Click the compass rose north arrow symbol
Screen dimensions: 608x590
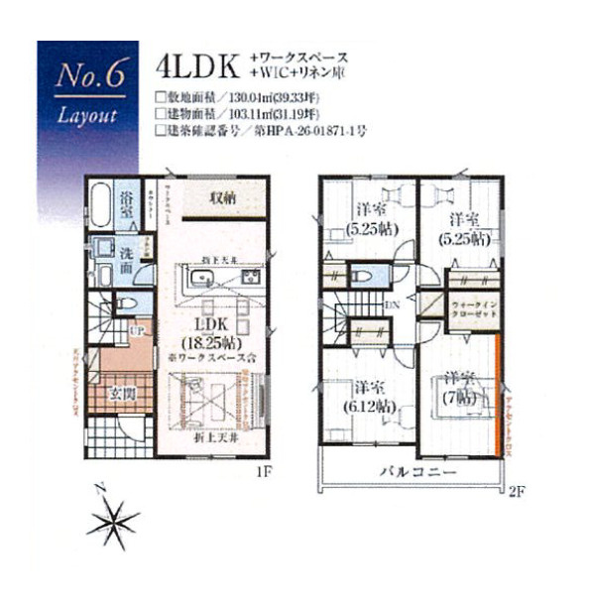coord(116,516)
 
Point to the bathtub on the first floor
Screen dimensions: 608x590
coord(98,207)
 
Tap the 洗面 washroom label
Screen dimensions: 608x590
coord(128,253)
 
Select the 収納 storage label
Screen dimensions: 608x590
coord(223,197)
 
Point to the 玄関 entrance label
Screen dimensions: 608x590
coord(113,391)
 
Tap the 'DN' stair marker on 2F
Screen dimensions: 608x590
coord(393,304)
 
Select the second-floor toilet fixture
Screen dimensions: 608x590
coord(362,275)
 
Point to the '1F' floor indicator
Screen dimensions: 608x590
coord(261,473)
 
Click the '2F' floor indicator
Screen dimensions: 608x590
coord(514,492)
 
